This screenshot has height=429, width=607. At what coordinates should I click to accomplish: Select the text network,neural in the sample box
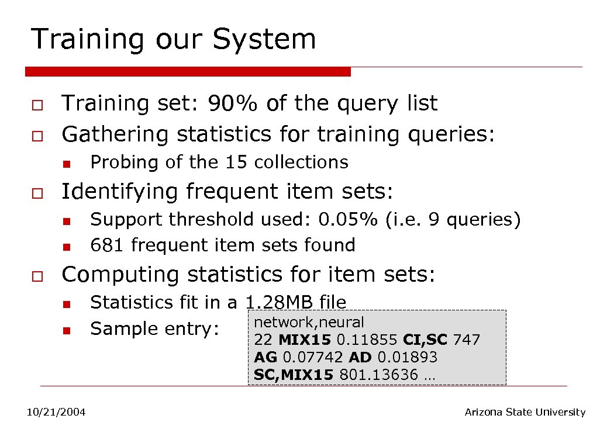click(309, 322)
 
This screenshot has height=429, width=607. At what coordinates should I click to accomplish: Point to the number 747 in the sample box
click(466, 340)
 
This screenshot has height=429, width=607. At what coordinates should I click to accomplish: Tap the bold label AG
click(265, 357)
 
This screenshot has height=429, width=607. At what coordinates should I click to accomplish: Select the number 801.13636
click(378, 374)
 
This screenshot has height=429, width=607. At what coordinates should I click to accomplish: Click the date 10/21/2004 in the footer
click(56, 413)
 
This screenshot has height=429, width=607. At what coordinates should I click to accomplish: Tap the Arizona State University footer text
click(525, 413)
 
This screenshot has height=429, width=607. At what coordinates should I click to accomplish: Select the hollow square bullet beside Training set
click(36, 105)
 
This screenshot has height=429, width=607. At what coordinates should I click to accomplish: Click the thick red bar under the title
click(188, 71)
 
